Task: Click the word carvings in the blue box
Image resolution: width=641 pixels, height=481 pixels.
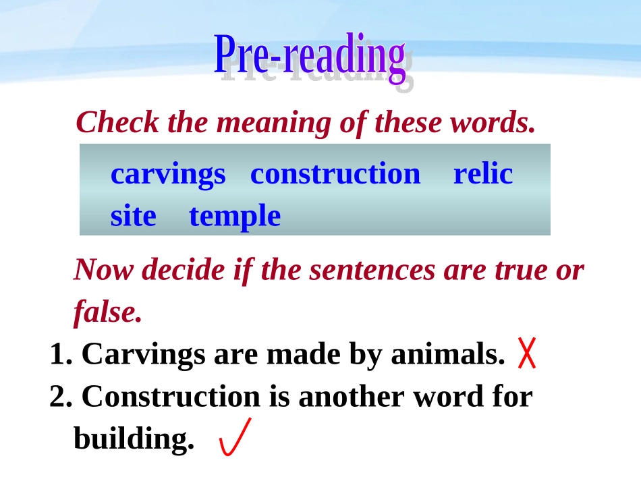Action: (x=168, y=174)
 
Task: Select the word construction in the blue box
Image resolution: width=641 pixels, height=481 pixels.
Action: (x=335, y=174)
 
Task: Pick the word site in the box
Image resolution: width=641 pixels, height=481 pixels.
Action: (x=133, y=217)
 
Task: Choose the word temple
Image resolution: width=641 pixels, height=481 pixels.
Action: (x=234, y=217)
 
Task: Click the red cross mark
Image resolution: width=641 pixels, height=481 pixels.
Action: (x=527, y=354)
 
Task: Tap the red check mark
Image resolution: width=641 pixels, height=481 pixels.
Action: (x=235, y=437)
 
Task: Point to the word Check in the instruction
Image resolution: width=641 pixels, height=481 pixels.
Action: (x=118, y=122)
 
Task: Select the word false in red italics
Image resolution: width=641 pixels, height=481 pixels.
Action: (x=107, y=312)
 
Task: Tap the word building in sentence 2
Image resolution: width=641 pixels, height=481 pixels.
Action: (x=133, y=439)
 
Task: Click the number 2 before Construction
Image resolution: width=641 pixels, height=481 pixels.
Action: (x=59, y=397)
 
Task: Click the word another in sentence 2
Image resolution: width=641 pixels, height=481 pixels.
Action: (x=351, y=397)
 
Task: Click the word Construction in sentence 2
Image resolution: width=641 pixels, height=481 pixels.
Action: (x=170, y=397)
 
